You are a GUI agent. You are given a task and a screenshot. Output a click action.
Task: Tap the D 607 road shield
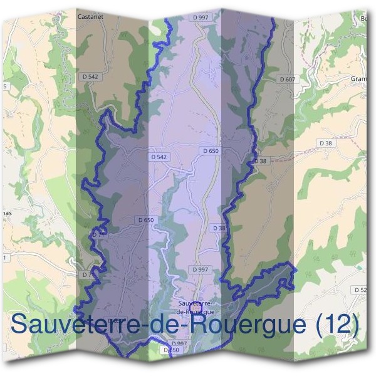click(x=286, y=79)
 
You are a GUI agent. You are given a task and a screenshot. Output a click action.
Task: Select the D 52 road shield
click(x=361, y=290)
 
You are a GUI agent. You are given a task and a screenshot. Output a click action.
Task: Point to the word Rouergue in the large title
click(x=251, y=325)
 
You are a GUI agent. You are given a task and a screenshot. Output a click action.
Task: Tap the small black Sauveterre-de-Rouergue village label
click(x=196, y=307)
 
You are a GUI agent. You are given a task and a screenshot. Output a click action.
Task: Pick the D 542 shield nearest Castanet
click(x=90, y=76)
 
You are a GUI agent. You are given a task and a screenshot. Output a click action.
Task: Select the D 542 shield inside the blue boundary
click(x=159, y=156)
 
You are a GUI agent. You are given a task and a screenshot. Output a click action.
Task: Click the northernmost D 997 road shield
click(x=202, y=17)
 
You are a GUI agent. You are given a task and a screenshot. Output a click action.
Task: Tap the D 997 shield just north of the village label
click(x=200, y=269)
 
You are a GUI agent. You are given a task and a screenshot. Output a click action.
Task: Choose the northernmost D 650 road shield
click(x=211, y=151)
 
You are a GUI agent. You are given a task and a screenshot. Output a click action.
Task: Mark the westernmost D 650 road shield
click(x=145, y=220)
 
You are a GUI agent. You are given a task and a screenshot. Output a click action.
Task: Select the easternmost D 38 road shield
click(x=325, y=143)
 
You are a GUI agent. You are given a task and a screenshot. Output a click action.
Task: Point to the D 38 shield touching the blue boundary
click(x=259, y=161)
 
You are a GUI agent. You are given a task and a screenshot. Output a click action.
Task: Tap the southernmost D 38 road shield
click(x=219, y=228)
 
